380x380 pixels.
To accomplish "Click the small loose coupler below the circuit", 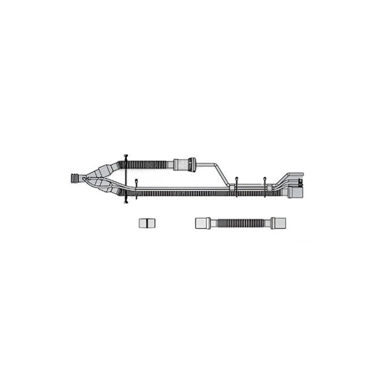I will (146, 223).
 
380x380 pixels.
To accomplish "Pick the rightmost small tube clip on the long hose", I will (265, 185).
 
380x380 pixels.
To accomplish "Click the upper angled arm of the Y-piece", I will (108, 171).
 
